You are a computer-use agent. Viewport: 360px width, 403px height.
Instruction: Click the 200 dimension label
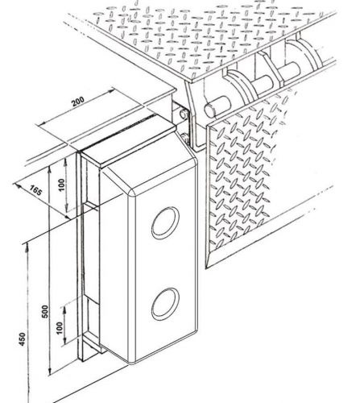(x=78, y=102)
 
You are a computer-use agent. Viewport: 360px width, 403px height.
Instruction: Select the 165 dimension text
(x=36, y=190)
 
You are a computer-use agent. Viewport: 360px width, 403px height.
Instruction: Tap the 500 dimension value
(x=45, y=312)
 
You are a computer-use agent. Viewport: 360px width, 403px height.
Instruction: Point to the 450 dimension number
(x=23, y=339)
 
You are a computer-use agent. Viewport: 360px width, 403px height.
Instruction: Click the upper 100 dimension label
(x=61, y=185)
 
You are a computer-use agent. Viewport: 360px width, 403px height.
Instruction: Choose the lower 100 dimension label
(x=60, y=327)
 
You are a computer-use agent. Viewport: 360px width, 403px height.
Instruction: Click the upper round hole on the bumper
(x=165, y=222)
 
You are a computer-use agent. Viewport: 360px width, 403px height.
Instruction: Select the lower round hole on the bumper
(x=165, y=304)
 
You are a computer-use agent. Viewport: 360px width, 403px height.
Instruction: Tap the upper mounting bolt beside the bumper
(x=184, y=114)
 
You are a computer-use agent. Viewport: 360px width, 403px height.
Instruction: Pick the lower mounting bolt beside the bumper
(x=185, y=138)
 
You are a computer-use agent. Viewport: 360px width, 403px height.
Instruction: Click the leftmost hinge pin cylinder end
(x=209, y=110)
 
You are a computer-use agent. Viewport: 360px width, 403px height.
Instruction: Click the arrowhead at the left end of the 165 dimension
(x=18, y=185)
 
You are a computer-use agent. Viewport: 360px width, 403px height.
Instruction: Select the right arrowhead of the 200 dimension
(x=111, y=91)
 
